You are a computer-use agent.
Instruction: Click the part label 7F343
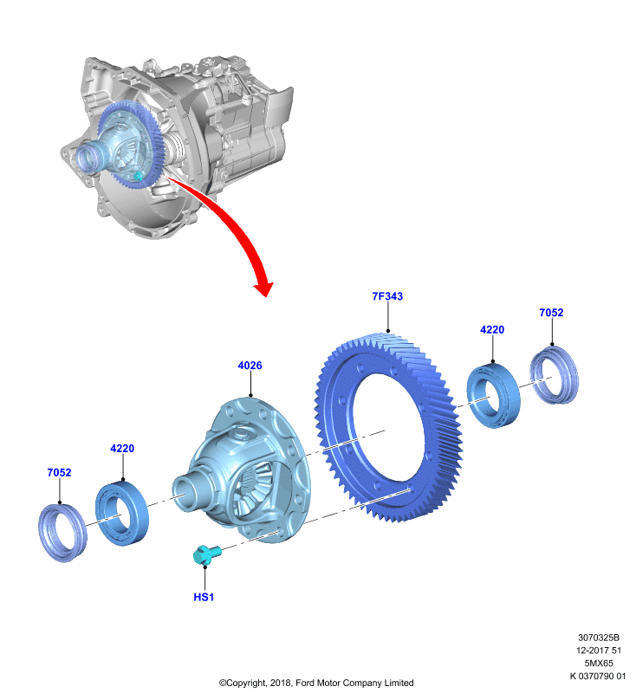(x=387, y=296)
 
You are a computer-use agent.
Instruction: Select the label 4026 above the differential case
(x=250, y=366)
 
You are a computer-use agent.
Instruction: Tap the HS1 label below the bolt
(x=204, y=597)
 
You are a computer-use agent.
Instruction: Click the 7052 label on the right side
(x=551, y=313)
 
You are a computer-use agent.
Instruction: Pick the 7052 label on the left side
(x=59, y=472)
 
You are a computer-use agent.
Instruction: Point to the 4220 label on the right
(x=492, y=330)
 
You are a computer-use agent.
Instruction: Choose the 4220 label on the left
(x=122, y=448)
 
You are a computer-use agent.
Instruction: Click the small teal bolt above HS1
(x=206, y=554)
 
